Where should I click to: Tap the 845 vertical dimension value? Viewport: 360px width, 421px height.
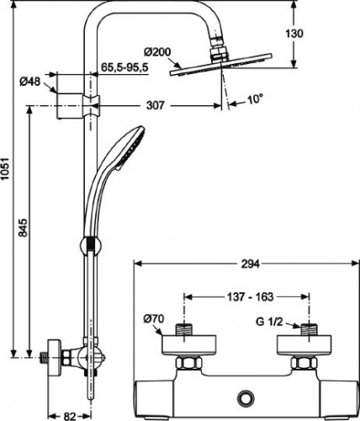pyautogui.click(x=24, y=227)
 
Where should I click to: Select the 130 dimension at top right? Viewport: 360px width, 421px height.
pyautogui.click(x=294, y=34)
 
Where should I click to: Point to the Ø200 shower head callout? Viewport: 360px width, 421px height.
pyautogui.click(x=157, y=52)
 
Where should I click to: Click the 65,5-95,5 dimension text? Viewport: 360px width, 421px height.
pyautogui.click(x=124, y=67)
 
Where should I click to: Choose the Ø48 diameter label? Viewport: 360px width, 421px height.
pyautogui.click(x=30, y=82)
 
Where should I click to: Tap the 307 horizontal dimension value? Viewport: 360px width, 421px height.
pyautogui.click(x=156, y=105)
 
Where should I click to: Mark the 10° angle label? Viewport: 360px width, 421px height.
pyautogui.click(x=255, y=99)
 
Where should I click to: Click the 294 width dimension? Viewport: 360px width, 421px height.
pyautogui.click(x=250, y=264)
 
